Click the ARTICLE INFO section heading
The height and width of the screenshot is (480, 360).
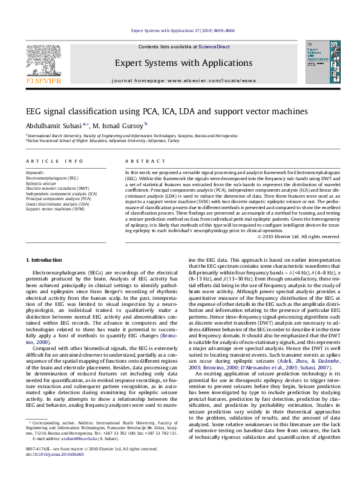[54, 161]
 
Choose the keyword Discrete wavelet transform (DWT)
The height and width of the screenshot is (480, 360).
[57, 189]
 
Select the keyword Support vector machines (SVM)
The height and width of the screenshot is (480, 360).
[54, 209]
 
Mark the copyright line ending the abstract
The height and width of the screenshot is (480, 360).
[296, 236]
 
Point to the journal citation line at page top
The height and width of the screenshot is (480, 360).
[180, 30]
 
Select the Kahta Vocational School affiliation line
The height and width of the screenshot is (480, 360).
[103, 142]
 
